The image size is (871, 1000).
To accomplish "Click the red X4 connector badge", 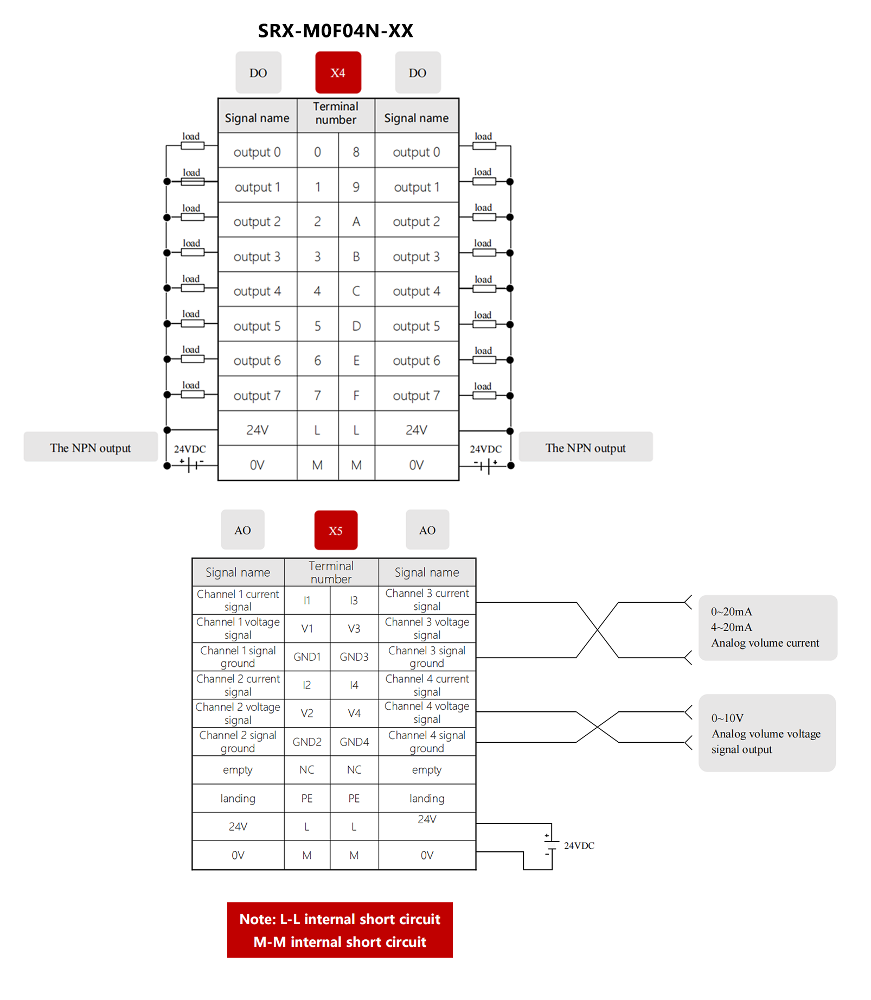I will point(338,73).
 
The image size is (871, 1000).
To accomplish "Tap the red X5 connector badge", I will point(336,530).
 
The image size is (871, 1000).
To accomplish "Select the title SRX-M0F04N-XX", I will point(335,31).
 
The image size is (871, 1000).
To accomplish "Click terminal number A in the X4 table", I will point(356,221).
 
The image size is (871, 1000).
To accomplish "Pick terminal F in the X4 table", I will point(356,395).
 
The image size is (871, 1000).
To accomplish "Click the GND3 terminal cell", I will point(354,657).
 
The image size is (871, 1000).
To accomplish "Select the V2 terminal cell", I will point(307,713).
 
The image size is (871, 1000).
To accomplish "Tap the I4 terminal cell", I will point(354,685).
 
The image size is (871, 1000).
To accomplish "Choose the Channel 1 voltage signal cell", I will point(238,628).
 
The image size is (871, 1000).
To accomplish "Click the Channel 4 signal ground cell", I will point(427,742).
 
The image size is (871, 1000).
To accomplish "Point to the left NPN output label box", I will point(91,447).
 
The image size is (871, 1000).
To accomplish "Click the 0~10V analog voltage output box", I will point(766,733).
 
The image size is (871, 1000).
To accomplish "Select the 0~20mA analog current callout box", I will point(767,627).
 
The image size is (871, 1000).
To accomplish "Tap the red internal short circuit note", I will point(340,930).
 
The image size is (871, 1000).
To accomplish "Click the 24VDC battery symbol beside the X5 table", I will point(551,845).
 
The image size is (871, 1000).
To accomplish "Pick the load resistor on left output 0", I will point(192,145).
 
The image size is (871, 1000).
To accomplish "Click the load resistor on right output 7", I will point(484,396).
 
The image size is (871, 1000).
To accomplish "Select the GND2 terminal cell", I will point(307,742).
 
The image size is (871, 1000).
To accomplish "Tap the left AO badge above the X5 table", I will point(242,530).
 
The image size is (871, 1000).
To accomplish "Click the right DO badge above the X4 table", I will point(418,73).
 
